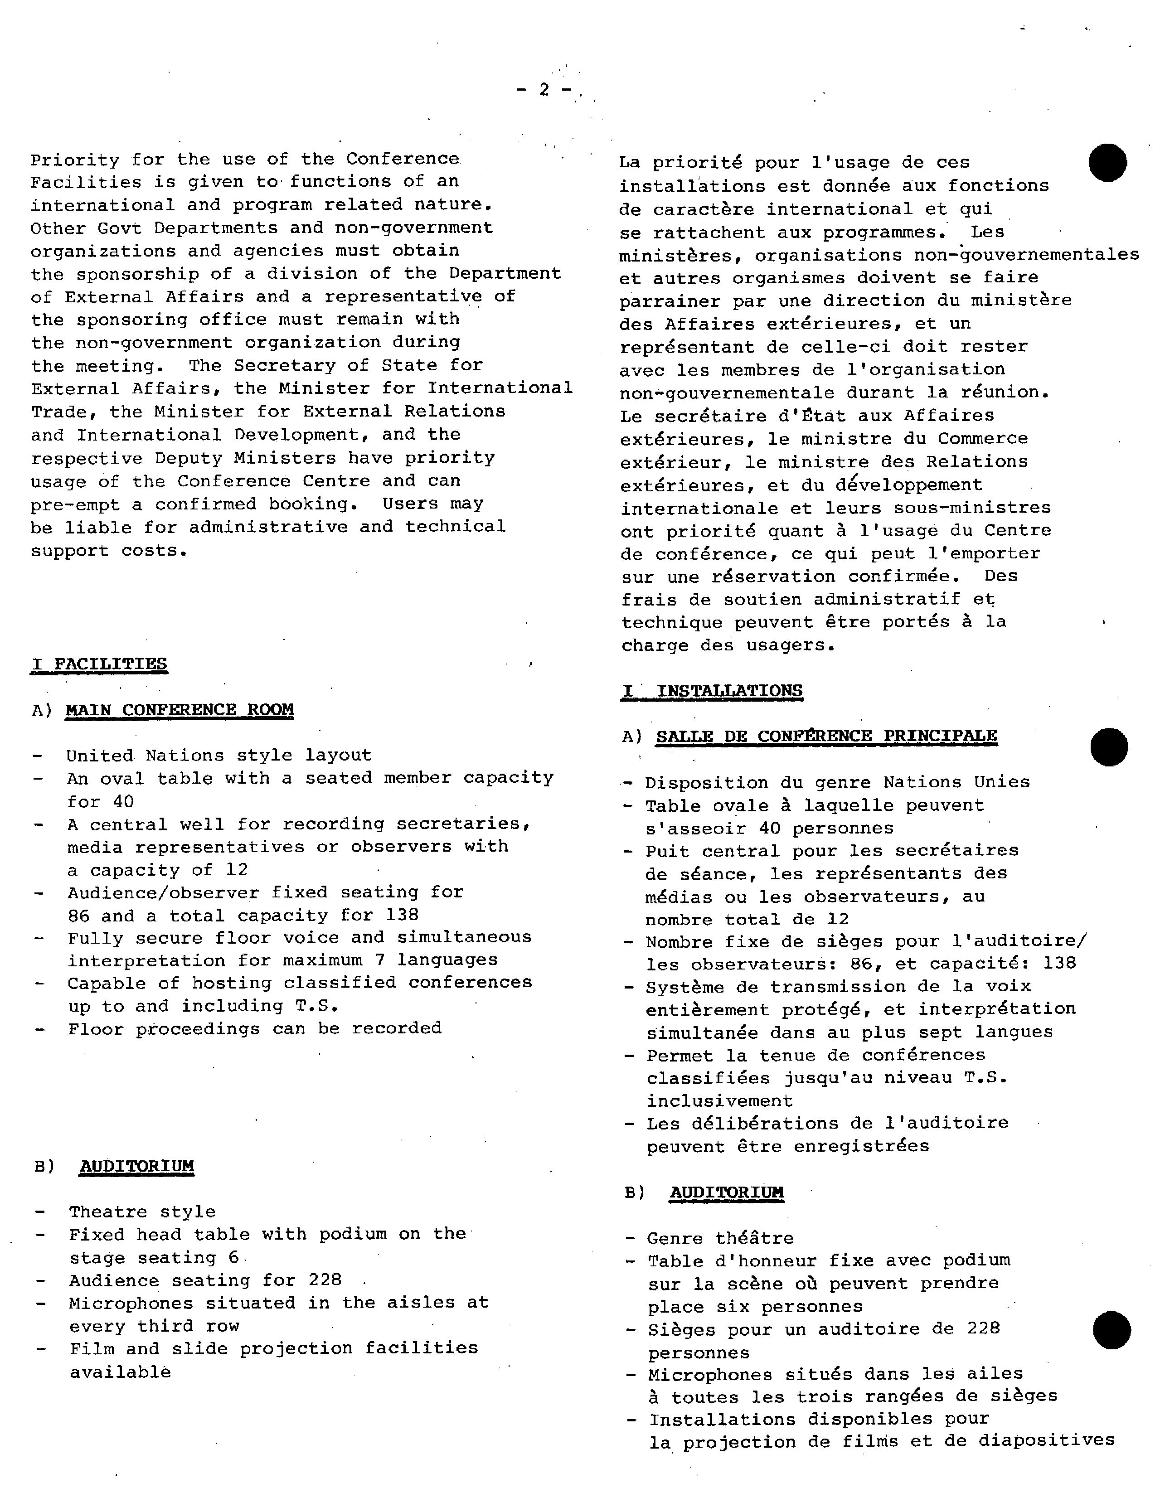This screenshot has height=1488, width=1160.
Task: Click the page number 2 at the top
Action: (543, 90)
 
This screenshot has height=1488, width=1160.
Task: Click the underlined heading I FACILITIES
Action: (100, 664)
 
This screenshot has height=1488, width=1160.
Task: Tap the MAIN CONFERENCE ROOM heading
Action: (180, 710)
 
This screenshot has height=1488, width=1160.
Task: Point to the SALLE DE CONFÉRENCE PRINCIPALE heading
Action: (826, 737)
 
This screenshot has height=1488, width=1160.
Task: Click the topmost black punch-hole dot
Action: (1107, 163)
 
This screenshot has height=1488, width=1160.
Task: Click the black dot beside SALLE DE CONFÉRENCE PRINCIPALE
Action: (1109, 747)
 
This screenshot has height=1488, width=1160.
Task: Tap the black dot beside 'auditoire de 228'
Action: (1111, 1330)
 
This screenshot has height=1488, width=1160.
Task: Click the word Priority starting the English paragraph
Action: (75, 160)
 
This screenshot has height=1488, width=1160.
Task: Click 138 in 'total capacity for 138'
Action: (402, 915)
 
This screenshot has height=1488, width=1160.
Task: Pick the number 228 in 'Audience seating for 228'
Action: (325, 1280)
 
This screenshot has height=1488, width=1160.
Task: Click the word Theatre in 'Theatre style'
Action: (108, 1212)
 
